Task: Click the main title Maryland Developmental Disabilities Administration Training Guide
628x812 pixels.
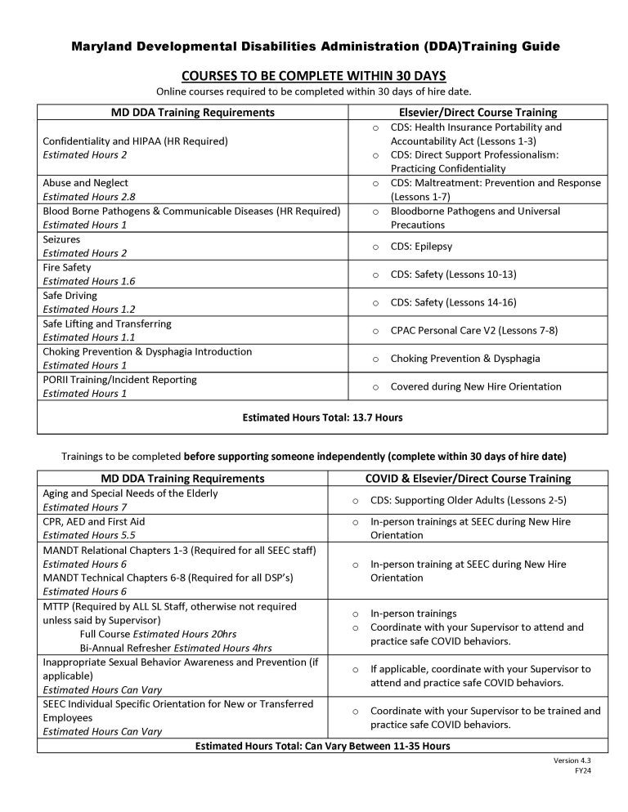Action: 315,47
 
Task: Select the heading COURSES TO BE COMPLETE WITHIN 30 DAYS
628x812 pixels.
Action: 314,75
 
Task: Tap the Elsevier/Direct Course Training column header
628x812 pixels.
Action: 477,112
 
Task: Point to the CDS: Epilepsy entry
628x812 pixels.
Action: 421,246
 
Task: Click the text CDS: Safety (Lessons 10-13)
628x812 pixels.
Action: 453,274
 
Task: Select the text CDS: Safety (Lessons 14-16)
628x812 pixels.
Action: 453,302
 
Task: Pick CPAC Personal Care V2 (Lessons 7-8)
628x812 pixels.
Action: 465,330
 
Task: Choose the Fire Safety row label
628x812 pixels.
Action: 67,267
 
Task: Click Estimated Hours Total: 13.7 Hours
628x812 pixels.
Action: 322,417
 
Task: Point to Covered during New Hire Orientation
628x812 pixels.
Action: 476,386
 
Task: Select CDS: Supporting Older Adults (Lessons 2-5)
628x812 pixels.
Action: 469,500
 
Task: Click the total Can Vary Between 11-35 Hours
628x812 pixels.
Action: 322,746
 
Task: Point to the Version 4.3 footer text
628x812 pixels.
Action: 570,760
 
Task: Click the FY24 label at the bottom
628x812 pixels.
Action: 577,770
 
